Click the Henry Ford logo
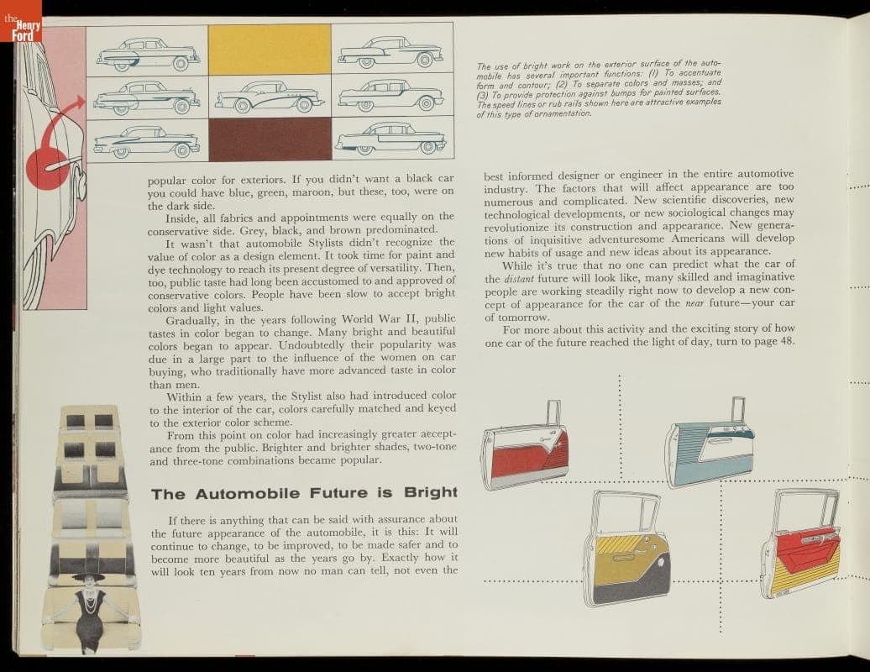pyautogui.click(x=20, y=21)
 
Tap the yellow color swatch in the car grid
pyautogui.click(x=270, y=50)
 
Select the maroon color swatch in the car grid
pyautogui.click(x=270, y=139)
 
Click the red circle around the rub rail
pyautogui.click(x=48, y=166)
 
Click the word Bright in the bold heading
pyautogui.click(x=431, y=492)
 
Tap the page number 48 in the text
pyautogui.click(x=787, y=341)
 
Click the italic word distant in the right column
pyautogui.click(x=518, y=279)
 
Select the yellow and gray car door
pyautogui.click(x=626, y=549)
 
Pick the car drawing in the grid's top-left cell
pyautogui.click(x=148, y=55)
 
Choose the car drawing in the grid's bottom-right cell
pyautogui.click(x=390, y=139)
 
